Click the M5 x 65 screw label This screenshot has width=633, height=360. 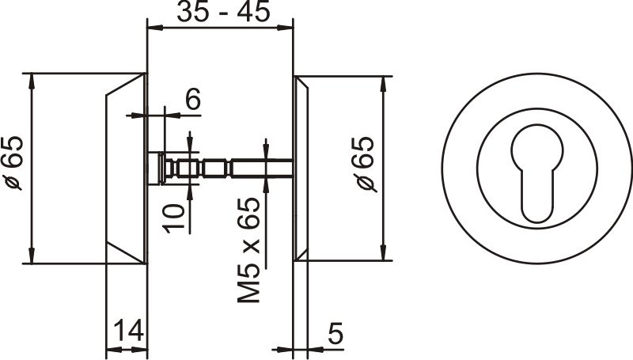click(x=248, y=251)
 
